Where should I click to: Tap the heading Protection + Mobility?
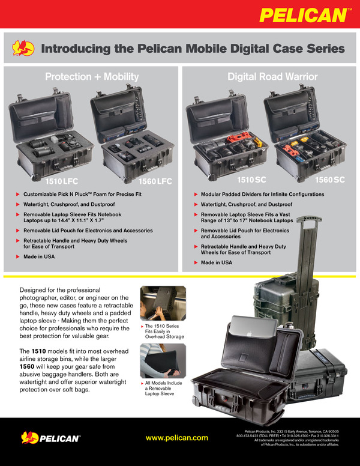(92, 76)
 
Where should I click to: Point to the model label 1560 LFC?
(155, 180)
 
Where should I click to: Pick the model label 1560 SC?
(330, 180)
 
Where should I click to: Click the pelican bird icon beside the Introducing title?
(24, 49)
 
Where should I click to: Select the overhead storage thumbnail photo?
(157, 304)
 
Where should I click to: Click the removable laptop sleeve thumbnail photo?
(157, 360)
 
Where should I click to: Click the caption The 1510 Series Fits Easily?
(160, 330)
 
